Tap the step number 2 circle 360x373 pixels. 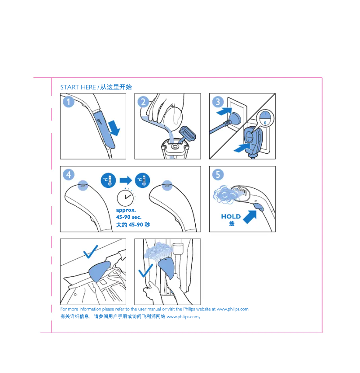[143, 102]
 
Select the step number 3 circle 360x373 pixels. [218, 102]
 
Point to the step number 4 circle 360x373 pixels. [68, 174]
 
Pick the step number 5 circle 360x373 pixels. [218, 174]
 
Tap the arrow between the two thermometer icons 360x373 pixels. [126, 180]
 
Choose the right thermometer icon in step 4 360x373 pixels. [143, 180]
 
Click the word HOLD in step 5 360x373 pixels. [231, 217]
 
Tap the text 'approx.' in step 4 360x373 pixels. [126, 210]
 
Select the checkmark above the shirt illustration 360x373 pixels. [90, 252]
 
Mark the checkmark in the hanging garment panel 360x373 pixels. [145, 271]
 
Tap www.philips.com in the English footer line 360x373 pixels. [233, 309]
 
